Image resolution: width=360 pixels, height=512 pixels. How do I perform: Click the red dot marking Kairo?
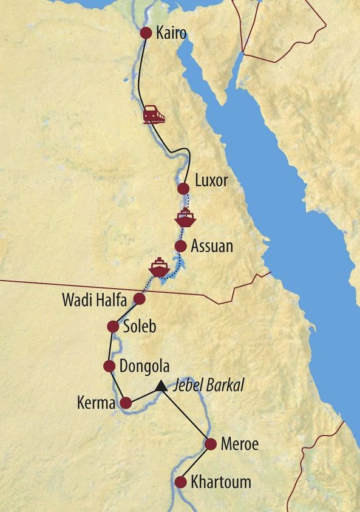click(146, 33)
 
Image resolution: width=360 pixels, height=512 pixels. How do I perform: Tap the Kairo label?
click(171, 33)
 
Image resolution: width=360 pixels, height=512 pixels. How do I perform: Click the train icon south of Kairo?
click(154, 114)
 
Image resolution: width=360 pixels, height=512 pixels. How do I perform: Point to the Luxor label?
click(211, 181)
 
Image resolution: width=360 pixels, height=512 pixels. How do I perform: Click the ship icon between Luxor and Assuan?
click(185, 217)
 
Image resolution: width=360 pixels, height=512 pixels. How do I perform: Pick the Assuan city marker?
click(180, 246)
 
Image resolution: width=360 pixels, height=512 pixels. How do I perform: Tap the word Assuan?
click(211, 246)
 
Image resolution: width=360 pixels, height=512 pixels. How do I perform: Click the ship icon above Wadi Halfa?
click(158, 267)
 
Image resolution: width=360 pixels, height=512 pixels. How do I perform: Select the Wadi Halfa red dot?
click(139, 299)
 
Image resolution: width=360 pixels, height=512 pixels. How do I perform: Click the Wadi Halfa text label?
click(93, 299)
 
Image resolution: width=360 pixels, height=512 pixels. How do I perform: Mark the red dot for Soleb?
click(112, 327)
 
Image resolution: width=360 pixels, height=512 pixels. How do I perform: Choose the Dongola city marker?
click(109, 366)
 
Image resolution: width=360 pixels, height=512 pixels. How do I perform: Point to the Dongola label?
click(144, 366)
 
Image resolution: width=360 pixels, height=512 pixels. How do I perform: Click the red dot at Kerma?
click(126, 402)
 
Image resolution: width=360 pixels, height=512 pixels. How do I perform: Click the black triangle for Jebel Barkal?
click(161, 385)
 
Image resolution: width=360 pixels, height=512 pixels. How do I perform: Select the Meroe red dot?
click(211, 444)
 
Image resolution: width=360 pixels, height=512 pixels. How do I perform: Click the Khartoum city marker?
click(180, 483)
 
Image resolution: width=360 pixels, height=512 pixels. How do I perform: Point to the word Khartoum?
click(220, 483)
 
